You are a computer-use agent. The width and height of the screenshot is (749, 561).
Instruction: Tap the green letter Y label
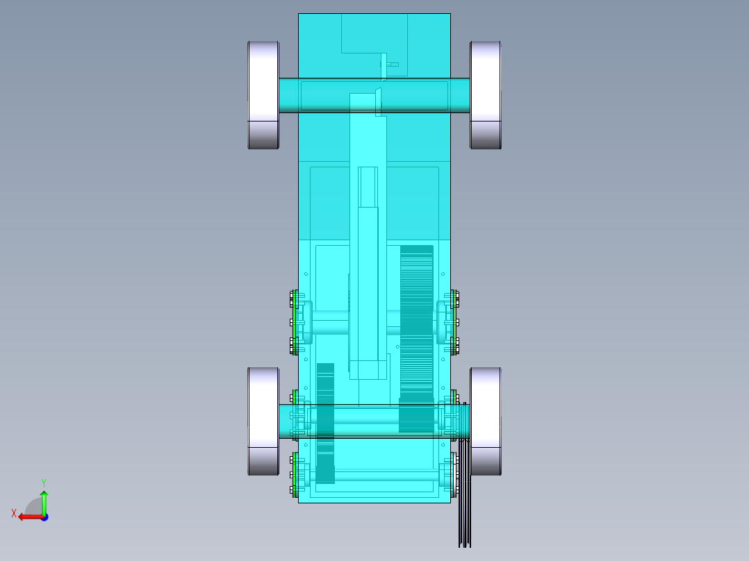pos(44,482)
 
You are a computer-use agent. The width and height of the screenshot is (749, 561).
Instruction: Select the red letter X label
pos(14,513)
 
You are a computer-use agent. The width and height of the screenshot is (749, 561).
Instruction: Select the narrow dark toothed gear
pos(325,424)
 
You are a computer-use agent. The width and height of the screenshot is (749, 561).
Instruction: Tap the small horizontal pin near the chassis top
pos(393,65)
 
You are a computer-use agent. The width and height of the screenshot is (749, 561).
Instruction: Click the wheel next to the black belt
pos(486,421)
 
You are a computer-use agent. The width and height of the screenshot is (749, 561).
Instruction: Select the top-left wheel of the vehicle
pos(263,94)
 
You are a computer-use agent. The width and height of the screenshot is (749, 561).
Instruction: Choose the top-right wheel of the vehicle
pos(486,94)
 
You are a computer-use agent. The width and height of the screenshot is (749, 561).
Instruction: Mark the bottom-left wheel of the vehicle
pos(263,421)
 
